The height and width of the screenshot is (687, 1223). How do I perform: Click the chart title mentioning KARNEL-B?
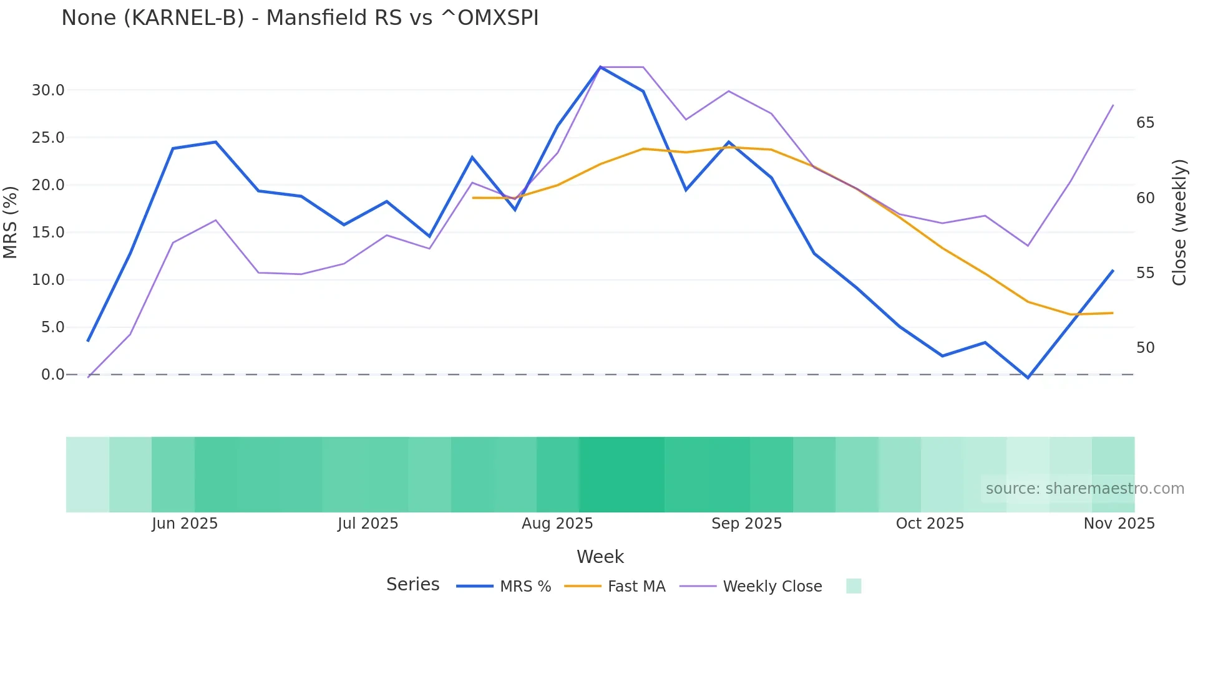(x=300, y=18)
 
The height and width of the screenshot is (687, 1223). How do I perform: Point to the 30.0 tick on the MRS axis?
(x=48, y=90)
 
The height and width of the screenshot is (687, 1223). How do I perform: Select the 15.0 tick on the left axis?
(x=48, y=233)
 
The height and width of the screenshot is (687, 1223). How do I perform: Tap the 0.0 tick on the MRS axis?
(x=52, y=375)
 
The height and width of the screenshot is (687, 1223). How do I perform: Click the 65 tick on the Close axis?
(x=1145, y=123)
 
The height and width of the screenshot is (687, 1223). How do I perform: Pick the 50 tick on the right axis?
(x=1145, y=348)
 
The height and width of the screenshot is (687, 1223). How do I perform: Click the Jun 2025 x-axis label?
(x=185, y=524)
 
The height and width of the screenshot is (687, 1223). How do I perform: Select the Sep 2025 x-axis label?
(x=746, y=524)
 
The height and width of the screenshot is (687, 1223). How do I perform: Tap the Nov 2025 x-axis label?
(x=1119, y=524)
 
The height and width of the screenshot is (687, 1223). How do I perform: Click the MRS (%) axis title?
(x=11, y=223)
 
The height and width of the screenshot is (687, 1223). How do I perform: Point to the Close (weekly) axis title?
(x=1179, y=223)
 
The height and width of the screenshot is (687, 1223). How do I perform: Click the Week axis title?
(x=600, y=557)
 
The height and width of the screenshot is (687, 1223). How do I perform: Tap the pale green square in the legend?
(x=854, y=586)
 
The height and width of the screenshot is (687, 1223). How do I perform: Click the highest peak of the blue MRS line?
(x=600, y=67)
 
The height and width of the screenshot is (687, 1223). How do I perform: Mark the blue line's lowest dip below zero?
(x=1028, y=378)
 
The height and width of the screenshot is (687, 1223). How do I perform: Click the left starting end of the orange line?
(x=473, y=198)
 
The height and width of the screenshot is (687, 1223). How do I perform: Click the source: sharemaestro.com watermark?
(x=1084, y=489)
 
